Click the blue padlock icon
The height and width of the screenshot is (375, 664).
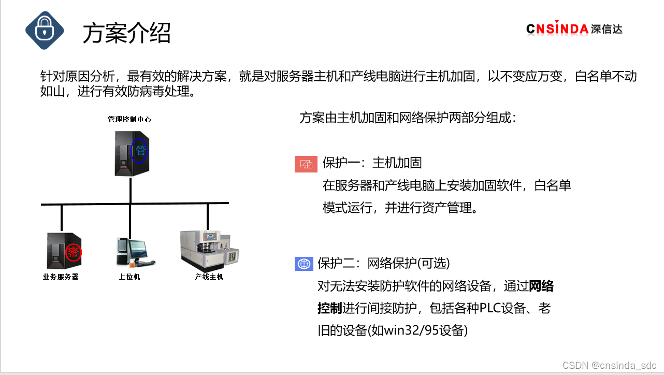click(45, 31)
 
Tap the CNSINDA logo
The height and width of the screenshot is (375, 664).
click(574, 28)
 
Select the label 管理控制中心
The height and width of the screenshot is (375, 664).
click(129, 119)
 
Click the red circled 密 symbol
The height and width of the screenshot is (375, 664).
click(73, 252)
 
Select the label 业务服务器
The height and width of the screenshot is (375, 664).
click(61, 277)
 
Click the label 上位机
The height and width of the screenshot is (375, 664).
click(129, 277)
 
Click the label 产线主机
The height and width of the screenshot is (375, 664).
click(209, 277)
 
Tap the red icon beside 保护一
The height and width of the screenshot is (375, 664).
click(306, 164)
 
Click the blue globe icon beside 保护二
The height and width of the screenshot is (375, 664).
click(304, 264)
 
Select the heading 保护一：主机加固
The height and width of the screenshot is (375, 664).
click(372, 163)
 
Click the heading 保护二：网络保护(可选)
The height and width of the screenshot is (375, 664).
click(383, 264)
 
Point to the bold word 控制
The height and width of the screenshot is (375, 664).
click(330, 309)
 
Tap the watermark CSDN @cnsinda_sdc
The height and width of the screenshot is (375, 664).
click(609, 365)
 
